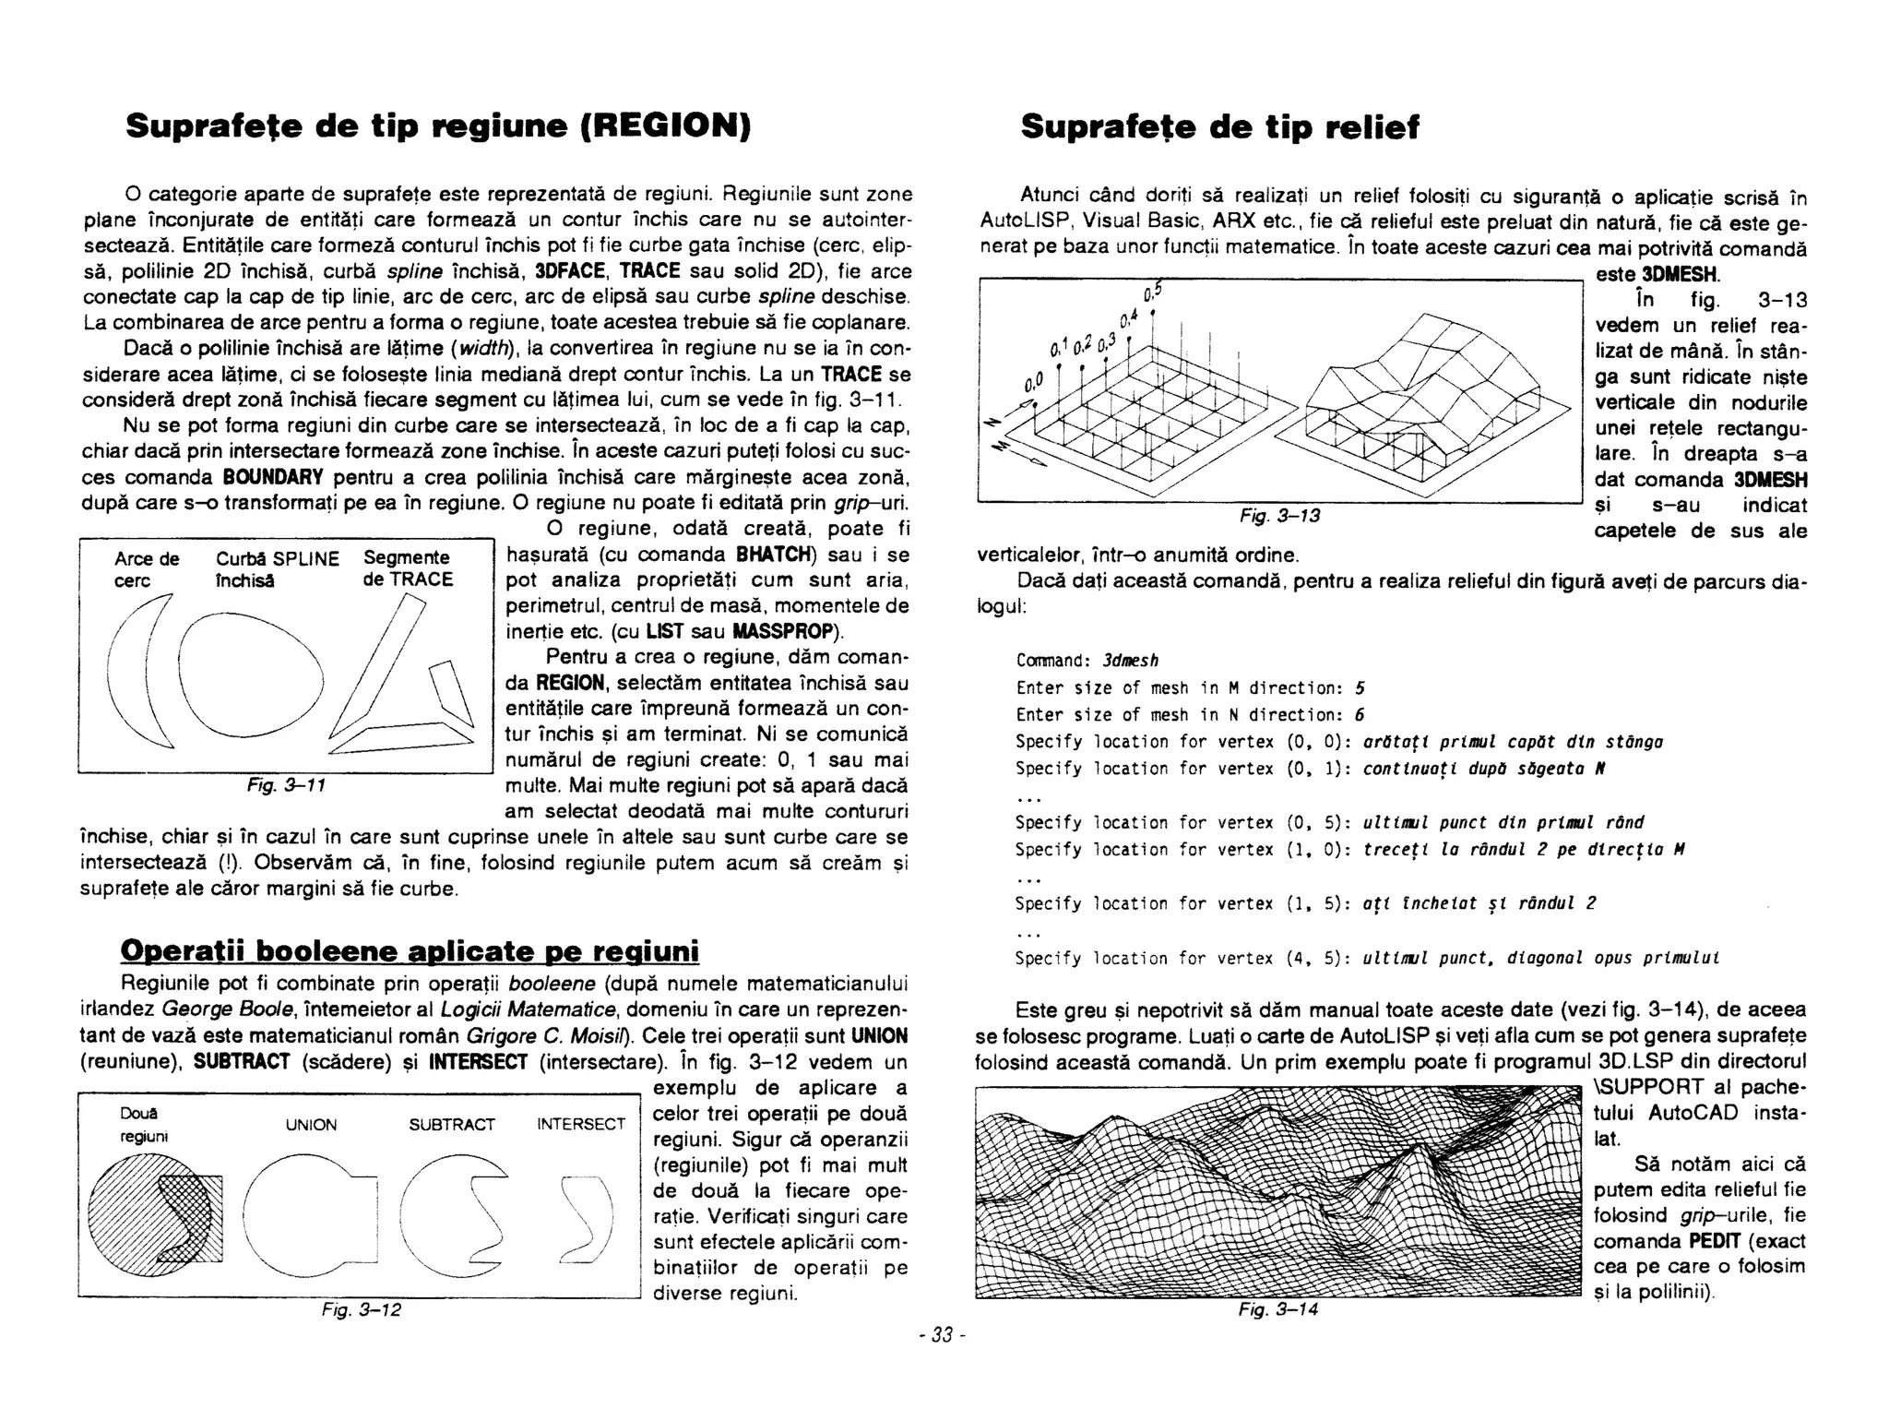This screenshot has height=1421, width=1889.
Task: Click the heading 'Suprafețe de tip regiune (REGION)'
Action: pyautogui.click(x=438, y=126)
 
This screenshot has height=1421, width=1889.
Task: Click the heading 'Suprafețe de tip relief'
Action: pyautogui.click(x=1219, y=127)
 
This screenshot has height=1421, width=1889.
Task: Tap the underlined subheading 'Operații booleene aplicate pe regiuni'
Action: pyautogui.click(x=410, y=950)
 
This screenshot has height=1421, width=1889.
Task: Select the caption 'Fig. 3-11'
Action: pyautogui.click(x=286, y=785)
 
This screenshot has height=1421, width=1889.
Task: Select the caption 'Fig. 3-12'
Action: pyautogui.click(x=361, y=1309)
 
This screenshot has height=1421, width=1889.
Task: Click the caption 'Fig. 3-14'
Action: pyautogui.click(x=1277, y=1309)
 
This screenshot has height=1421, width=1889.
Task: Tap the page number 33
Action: pyautogui.click(x=942, y=1335)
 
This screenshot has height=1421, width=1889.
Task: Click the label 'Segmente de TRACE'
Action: pyautogui.click(x=408, y=568)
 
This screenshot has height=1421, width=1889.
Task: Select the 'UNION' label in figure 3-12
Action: pyautogui.click(x=311, y=1125)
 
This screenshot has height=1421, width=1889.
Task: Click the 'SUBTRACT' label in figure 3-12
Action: pyautogui.click(x=452, y=1125)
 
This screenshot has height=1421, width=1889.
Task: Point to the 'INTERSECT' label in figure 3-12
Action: pyautogui.click(x=581, y=1124)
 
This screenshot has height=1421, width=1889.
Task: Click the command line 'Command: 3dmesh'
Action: pyautogui.click(x=1087, y=661)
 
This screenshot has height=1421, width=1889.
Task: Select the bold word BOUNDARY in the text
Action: pyautogui.click(x=273, y=478)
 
